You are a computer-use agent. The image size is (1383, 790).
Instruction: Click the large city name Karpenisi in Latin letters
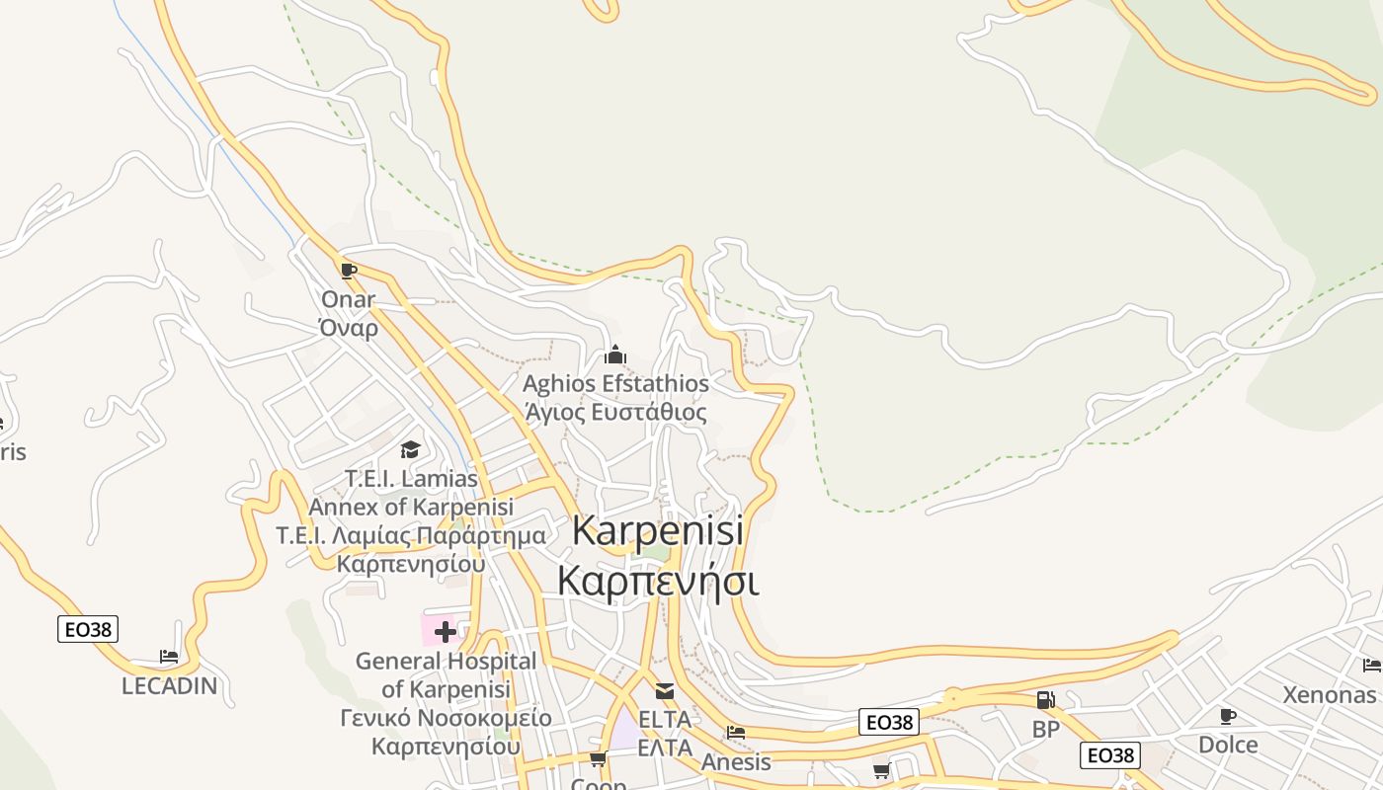coord(657,531)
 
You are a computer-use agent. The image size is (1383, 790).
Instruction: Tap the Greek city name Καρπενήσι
coord(657,581)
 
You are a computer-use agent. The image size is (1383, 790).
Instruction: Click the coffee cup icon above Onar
coord(348,271)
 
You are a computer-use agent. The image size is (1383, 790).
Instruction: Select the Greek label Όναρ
coord(349,328)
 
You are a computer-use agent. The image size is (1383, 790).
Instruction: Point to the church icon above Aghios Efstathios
coord(615,355)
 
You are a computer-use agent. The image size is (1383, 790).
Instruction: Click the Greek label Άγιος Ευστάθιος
coord(615,412)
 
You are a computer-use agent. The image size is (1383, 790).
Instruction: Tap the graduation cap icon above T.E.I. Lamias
coord(410,450)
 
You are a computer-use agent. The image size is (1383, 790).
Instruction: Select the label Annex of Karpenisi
coord(411,507)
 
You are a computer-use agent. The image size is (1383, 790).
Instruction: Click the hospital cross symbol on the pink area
coord(446,631)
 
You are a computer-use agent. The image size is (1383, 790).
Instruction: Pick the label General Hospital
coord(446,661)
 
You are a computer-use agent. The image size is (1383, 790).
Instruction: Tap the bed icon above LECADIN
coord(169,657)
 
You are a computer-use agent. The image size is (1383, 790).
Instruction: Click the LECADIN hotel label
coord(169,685)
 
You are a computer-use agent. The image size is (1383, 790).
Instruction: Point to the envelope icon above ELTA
coord(665,691)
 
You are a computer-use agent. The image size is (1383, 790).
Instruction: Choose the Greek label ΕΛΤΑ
coord(665,748)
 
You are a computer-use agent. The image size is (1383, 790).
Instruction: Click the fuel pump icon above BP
coord(1045,700)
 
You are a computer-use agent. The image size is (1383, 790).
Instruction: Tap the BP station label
coord(1045,730)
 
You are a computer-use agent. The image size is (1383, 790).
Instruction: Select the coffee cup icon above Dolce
coord(1228,716)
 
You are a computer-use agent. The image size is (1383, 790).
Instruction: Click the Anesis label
coord(736,761)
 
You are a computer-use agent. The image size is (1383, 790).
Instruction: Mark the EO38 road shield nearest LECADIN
coord(88,629)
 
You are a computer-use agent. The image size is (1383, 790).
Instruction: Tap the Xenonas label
coord(1330,694)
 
